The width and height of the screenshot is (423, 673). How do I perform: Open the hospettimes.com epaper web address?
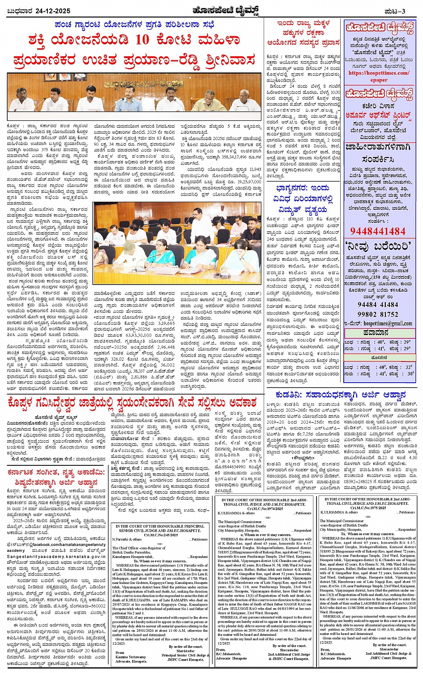379,76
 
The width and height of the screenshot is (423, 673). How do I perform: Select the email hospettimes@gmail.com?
388,324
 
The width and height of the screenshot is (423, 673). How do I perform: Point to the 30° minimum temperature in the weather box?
410,374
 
